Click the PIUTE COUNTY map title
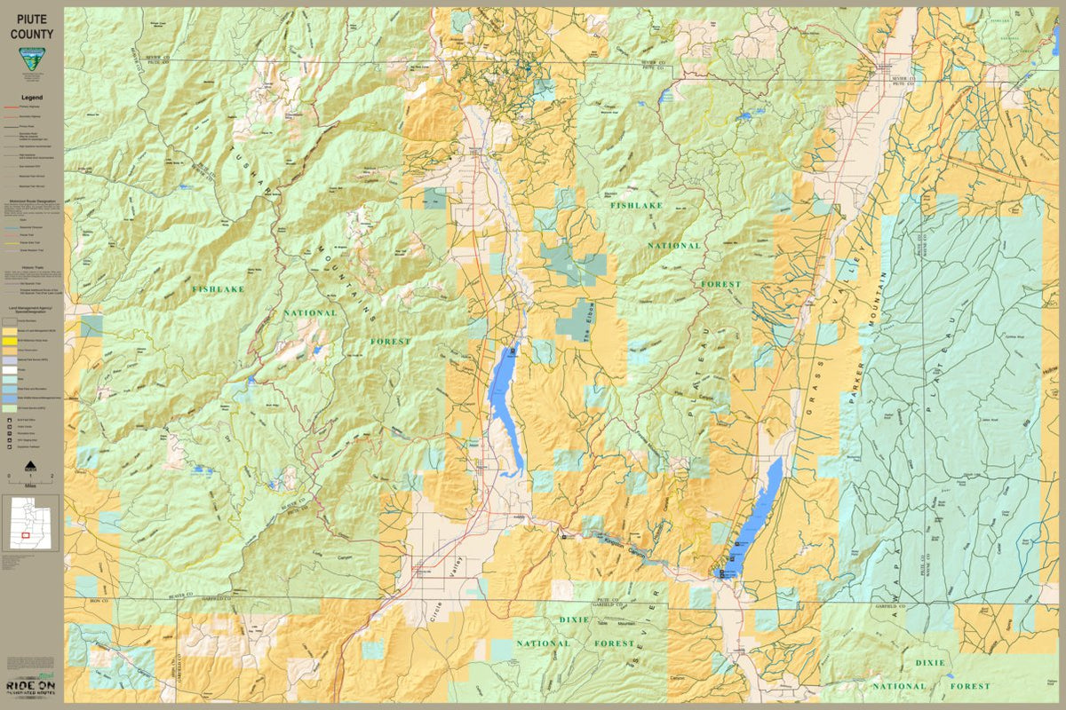pos(32,26)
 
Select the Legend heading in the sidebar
pos(32,98)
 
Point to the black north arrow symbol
pos(31,464)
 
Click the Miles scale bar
pos(31,480)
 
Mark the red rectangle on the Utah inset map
pos(26,535)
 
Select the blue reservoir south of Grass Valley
pos(753,519)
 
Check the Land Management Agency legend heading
pos(32,309)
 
